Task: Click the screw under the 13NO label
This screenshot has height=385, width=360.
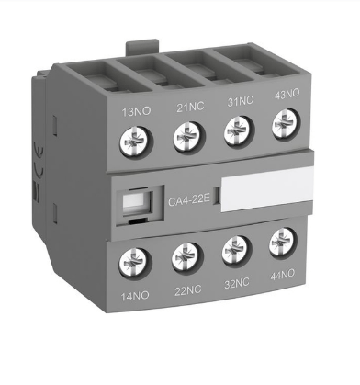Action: pyautogui.click(x=136, y=142)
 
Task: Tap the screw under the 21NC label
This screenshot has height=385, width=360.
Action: pyautogui.click(x=188, y=136)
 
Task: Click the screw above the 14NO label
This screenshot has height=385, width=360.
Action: pyautogui.click(x=135, y=264)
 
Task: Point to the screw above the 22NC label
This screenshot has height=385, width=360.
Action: pyautogui.click(x=186, y=257)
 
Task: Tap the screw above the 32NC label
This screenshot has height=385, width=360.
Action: pyautogui.click(x=236, y=250)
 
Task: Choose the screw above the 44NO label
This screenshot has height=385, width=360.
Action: pyautogui.click(x=283, y=243)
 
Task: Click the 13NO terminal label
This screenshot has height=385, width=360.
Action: pyautogui.click(x=137, y=111)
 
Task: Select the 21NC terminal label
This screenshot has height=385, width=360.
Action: pyautogui.click(x=190, y=107)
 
